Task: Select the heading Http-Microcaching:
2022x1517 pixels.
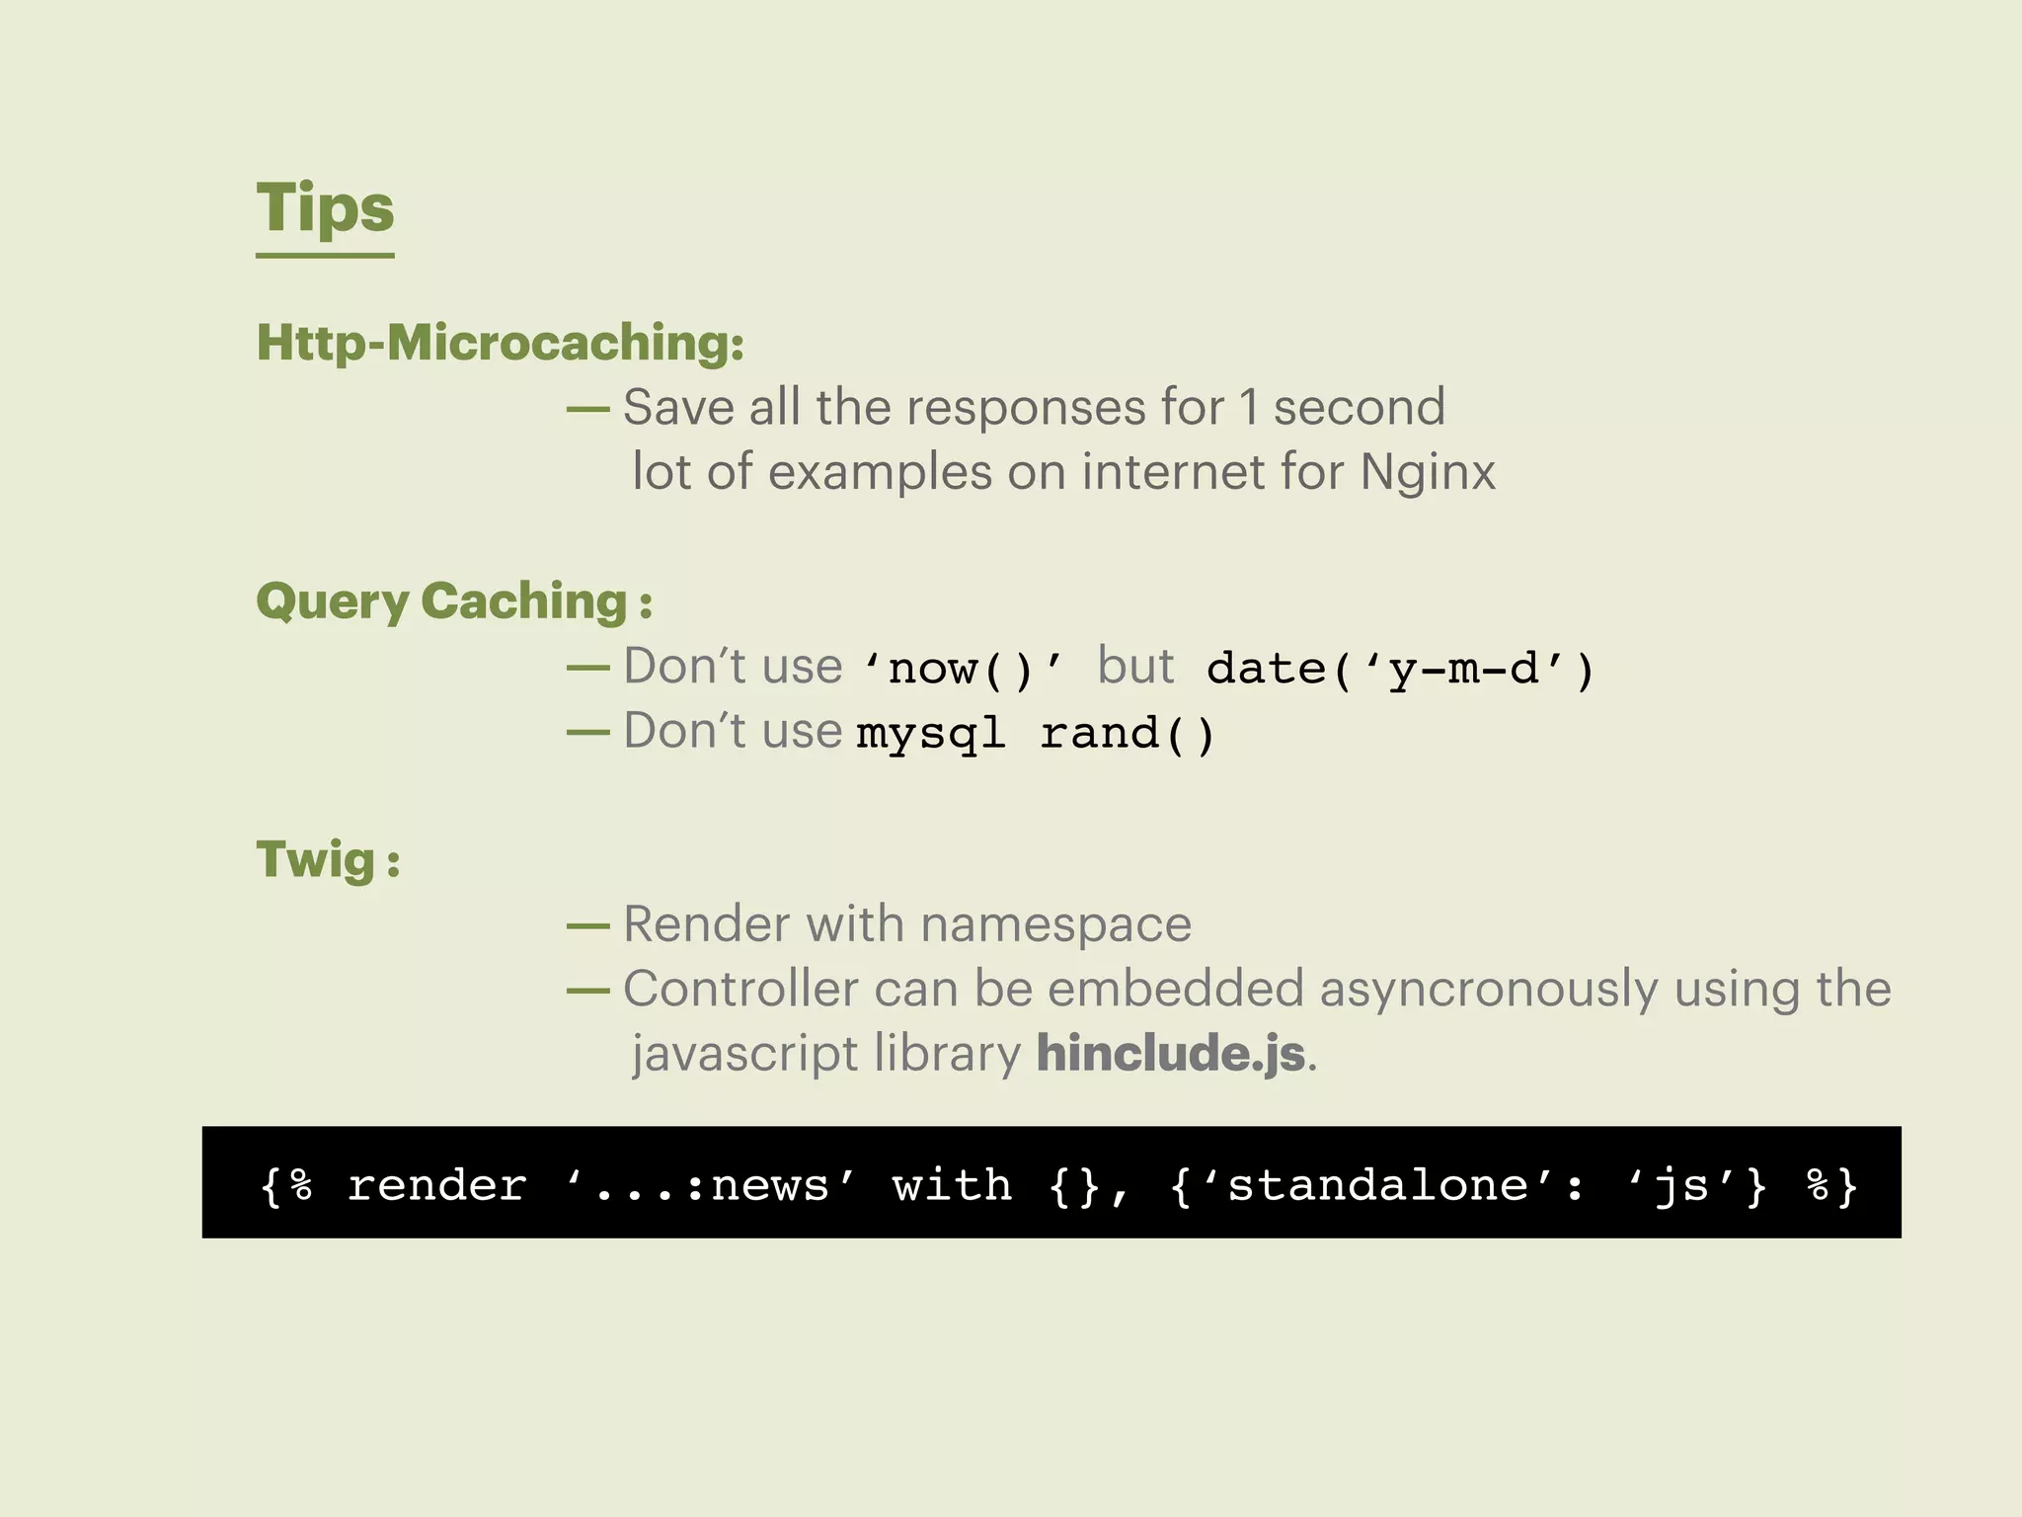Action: [500, 343]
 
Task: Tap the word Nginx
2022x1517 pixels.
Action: [1428, 472]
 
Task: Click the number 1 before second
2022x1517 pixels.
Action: [1249, 407]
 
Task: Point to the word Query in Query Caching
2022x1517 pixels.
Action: [333, 601]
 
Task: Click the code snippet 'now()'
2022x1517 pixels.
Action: [963, 669]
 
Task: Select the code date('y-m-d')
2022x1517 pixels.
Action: [1400, 669]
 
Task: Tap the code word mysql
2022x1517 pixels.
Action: [930, 734]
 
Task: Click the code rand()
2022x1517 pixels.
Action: [1128, 734]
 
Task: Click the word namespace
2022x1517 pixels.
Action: [1055, 924]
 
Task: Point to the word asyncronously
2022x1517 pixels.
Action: [1489, 989]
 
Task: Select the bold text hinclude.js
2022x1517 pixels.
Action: [1171, 1053]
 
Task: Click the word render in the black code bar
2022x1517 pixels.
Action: [436, 1184]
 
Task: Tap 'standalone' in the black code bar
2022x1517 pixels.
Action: [1376, 1184]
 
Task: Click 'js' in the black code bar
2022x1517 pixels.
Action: [1680, 1184]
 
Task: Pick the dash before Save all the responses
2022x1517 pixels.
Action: [587, 408]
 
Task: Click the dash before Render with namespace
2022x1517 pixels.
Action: [587, 925]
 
